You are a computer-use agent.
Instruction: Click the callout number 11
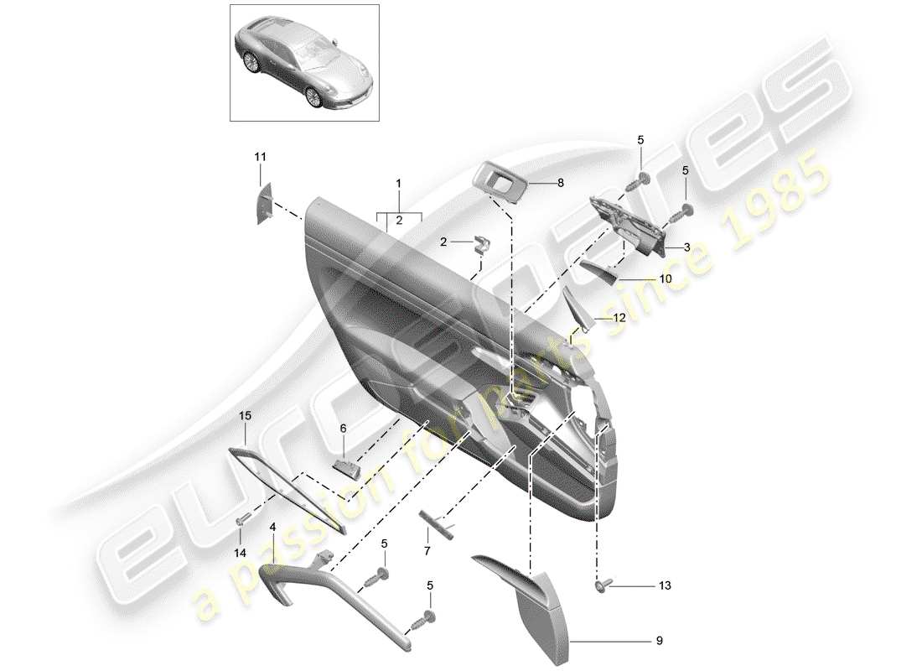click(260, 157)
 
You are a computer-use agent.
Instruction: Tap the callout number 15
click(245, 415)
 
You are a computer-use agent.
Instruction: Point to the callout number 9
click(658, 642)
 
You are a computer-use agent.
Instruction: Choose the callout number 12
click(619, 318)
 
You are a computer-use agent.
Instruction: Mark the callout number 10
click(666, 278)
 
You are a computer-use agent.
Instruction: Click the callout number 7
click(426, 552)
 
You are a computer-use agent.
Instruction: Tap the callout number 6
click(343, 428)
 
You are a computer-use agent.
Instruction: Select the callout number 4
click(272, 528)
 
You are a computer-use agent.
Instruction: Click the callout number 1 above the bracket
click(399, 183)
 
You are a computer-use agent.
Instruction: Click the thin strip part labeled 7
click(437, 526)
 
